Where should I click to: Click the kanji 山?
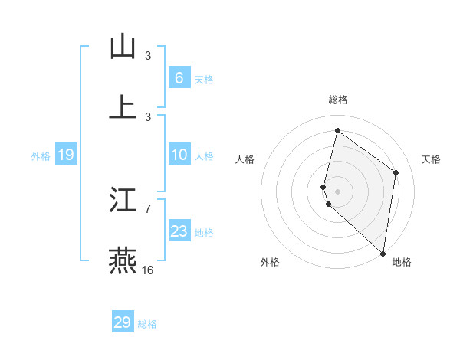tap(123, 46)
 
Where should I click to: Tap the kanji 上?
tap(123, 106)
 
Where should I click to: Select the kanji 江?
tap(123, 201)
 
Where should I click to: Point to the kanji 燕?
tap(123, 260)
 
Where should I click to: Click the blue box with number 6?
tap(179, 77)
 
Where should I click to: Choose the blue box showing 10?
tap(179, 155)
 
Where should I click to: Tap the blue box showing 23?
tap(179, 231)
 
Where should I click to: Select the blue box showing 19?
tap(65, 155)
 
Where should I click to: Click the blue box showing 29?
tap(123, 322)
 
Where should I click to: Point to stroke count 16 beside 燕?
tap(148, 270)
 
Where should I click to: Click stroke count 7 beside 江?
tap(148, 208)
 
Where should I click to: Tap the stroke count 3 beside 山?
tap(148, 55)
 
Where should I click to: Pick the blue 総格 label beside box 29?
tap(147, 324)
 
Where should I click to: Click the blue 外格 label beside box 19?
tap(41, 156)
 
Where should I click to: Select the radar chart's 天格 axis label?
tap(431, 159)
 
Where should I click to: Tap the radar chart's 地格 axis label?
tap(402, 262)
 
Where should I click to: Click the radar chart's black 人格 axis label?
tap(245, 159)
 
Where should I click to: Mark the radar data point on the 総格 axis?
tap(337, 130)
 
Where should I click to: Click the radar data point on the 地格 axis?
tap(383, 254)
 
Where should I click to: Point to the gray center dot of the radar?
tap(337, 191)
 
